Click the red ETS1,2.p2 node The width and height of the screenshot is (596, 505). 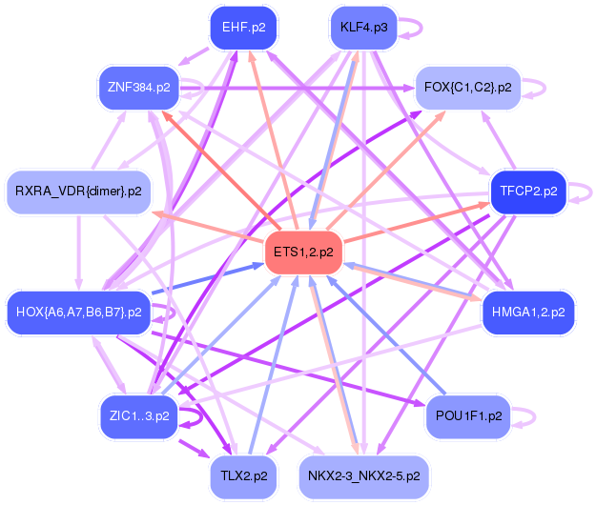303,252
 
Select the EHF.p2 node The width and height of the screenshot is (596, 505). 243,28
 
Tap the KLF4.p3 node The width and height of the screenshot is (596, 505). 362,28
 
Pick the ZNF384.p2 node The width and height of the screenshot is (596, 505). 139,88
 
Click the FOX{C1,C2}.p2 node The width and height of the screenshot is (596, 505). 467,88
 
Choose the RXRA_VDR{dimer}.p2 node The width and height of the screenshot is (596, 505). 78,192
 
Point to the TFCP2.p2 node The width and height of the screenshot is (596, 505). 527,192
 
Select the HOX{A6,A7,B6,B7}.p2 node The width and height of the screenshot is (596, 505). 78,312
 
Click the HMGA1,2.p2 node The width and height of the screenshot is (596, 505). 527,312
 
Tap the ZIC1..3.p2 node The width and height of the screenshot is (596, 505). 139,415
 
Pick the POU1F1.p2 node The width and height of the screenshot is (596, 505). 467,415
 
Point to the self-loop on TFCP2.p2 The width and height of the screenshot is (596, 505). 585,192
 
